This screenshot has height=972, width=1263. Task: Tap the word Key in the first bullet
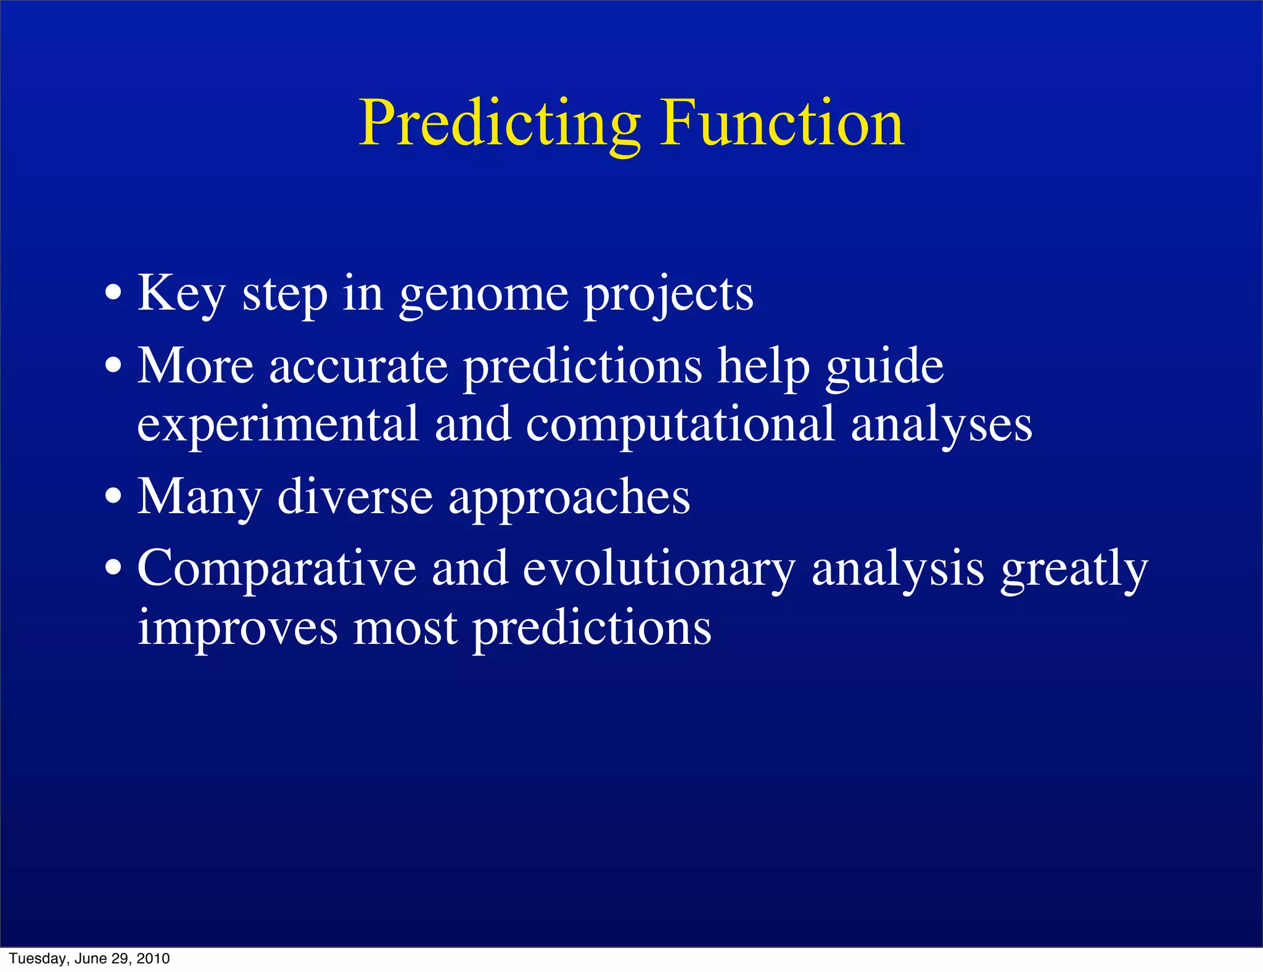point(181,294)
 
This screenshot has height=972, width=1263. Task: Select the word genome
point(483,294)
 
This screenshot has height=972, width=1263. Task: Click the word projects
point(669,294)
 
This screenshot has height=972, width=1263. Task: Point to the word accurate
point(358,366)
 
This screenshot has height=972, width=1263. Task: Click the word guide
point(884,366)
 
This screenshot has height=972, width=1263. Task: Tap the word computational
point(680,424)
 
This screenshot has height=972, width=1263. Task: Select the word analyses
point(941,424)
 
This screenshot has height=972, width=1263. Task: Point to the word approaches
point(569,498)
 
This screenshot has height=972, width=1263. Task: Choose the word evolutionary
point(659,569)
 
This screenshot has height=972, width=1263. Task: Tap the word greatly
point(1074,569)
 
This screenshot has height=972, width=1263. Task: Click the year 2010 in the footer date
point(153,958)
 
